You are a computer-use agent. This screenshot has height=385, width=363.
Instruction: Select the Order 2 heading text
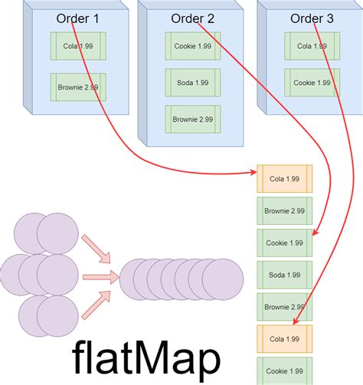pos(192,19)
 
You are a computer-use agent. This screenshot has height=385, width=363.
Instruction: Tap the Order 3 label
pos(312,19)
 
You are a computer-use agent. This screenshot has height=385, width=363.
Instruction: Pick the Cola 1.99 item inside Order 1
pos(77,46)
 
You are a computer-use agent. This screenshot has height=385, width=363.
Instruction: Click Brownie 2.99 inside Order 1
pos(77,86)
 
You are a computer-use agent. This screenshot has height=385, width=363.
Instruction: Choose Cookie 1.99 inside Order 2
pos(192,46)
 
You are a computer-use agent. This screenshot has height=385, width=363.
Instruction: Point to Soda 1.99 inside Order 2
pos(192,82)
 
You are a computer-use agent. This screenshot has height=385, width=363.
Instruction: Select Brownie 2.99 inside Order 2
pos(192,119)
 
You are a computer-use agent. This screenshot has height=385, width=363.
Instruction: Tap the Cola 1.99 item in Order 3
pos(312,46)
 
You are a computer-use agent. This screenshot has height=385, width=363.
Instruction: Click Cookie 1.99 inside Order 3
pos(312,82)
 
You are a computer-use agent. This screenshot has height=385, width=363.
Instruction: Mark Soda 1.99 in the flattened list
pos(284,274)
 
